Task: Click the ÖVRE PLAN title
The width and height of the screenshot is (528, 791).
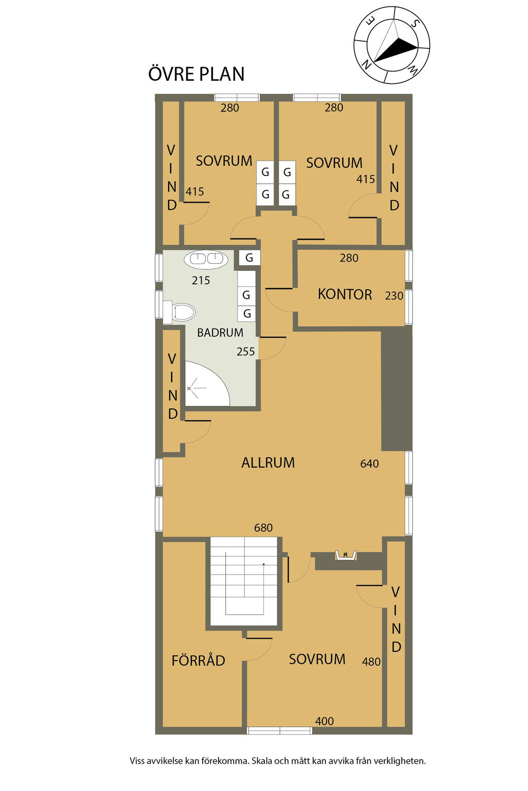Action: [x=196, y=74]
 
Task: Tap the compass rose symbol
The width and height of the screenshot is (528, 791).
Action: [x=392, y=45]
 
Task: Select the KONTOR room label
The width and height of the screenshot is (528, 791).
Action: [x=344, y=295]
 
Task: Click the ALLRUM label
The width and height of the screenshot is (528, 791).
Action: [x=268, y=462]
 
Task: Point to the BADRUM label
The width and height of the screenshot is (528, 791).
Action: [x=220, y=333]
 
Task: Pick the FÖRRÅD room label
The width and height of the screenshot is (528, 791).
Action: [x=199, y=661]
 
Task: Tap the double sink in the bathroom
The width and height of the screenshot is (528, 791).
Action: [x=206, y=259]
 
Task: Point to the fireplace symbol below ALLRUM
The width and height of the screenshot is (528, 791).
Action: [x=345, y=555]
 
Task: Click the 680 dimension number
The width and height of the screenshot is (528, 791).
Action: [x=263, y=528]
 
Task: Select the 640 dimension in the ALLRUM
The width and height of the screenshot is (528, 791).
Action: [x=369, y=464]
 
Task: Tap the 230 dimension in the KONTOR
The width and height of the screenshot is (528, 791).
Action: [x=394, y=296]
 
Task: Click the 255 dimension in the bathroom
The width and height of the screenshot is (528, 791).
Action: [x=245, y=352]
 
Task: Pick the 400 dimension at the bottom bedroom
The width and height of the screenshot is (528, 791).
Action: [x=324, y=721]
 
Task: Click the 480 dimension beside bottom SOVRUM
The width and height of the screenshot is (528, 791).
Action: [x=371, y=662]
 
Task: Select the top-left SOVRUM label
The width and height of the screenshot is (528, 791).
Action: [x=224, y=161]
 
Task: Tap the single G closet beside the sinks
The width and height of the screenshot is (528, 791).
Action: [x=250, y=257]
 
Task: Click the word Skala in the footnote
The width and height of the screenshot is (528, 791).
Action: [x=263, y=761]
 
